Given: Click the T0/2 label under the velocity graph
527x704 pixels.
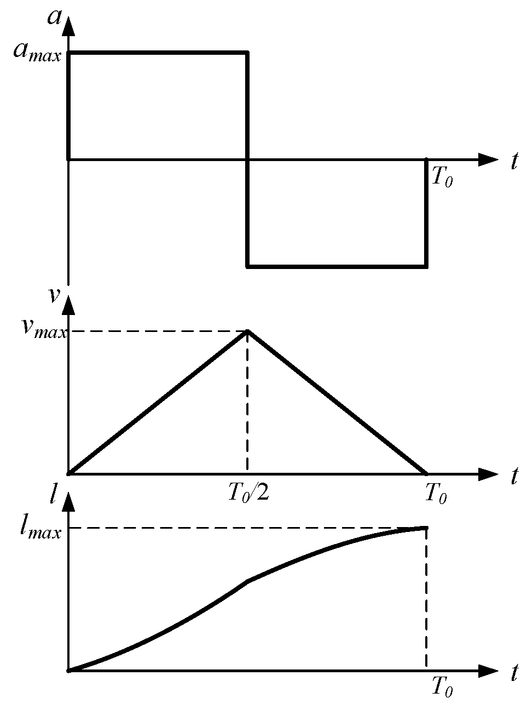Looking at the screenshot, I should click(x=248, y=494).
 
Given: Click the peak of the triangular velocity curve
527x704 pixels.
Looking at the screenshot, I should click(x=248, y=331).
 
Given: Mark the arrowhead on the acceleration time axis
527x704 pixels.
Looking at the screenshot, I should click(x=488, y=159).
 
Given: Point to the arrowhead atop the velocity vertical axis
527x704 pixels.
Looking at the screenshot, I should click(x=68, y=304).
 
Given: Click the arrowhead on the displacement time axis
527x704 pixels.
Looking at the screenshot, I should click(x=488, y=670).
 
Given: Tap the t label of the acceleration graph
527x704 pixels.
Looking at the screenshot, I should click(x=514, y=162).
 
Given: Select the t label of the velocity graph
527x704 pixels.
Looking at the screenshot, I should click(x=514, y=476).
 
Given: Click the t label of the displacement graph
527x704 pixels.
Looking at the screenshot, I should click(x=514, y=673).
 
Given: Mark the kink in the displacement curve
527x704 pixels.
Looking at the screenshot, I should click(x=248, y=581).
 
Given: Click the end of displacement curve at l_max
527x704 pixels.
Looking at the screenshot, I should click(x=425, y=528).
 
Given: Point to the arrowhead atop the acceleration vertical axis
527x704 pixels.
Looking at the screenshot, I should click(x=68, y=26).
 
